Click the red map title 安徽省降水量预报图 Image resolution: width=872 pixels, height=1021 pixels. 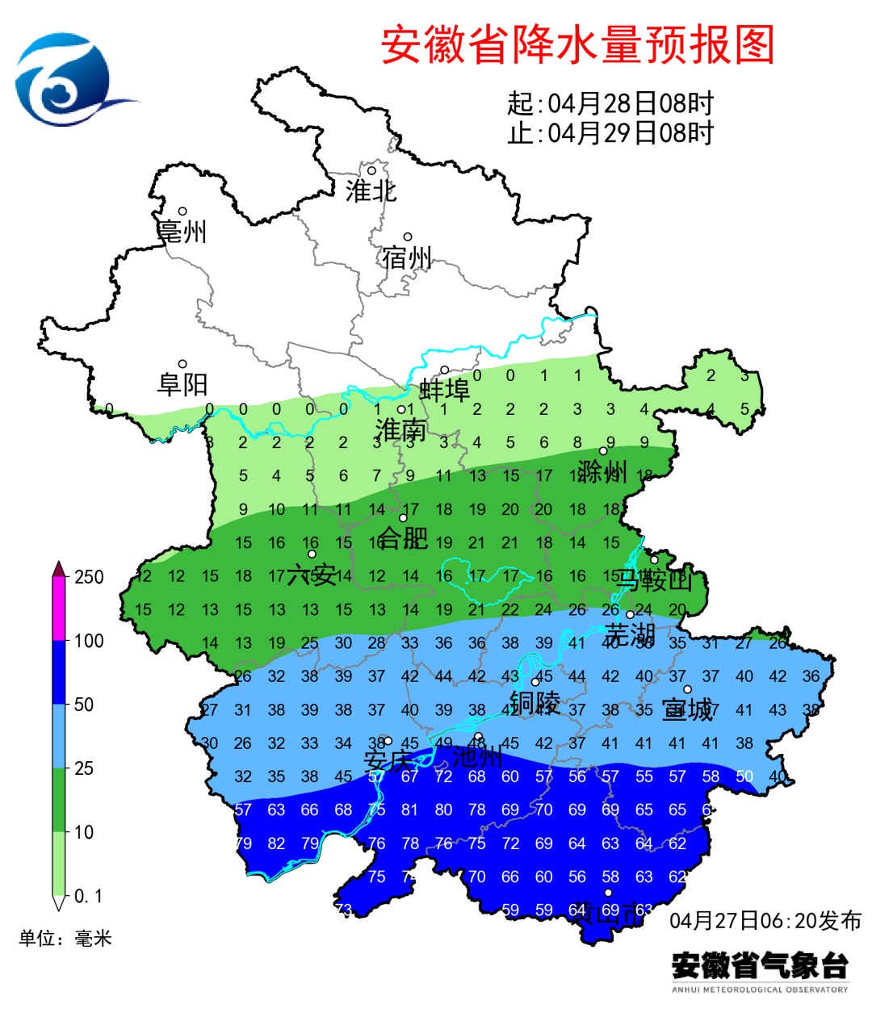[x=577, y=44]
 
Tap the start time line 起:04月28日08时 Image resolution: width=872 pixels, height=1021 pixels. [x=610, y=103]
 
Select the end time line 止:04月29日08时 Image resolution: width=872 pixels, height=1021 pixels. [x=610, y=132]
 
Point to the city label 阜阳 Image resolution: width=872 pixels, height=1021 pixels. [x=182, y=384]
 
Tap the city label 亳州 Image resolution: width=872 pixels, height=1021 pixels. [x=182, y=232]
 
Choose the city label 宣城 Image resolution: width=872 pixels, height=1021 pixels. [x=687, y=709]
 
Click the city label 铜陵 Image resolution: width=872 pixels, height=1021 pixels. [x=535, y=702]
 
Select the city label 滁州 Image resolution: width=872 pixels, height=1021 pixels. [x=602, y=471]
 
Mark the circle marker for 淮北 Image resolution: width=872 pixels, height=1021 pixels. [x=372, y=170]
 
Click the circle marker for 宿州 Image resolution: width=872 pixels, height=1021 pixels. [x=408, y=237]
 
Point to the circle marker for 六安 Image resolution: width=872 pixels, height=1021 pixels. [x=312, y=554]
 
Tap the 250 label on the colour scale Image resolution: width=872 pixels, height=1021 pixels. [x=89, y=577]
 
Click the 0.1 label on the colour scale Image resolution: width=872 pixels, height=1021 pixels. [x=88, y=896]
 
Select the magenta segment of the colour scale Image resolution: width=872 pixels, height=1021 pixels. [x=59, y=609]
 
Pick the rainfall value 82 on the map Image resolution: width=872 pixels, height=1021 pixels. [x=276, y=843]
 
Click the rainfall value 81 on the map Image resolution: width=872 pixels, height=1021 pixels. [x=410, y=810]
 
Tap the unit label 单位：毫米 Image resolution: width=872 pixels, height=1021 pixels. [x=65, y=938]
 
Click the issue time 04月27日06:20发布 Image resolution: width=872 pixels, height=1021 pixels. [x=765, y=920]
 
